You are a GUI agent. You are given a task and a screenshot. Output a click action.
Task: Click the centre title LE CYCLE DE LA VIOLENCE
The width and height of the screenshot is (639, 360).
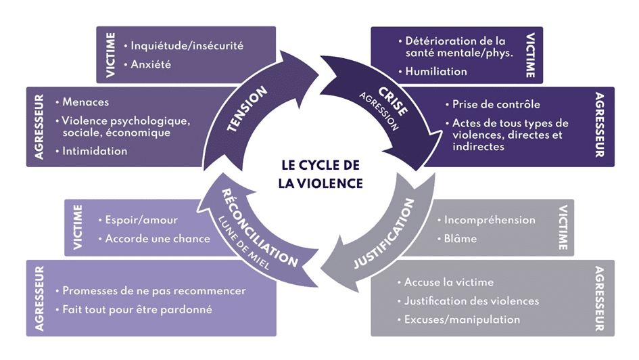321,174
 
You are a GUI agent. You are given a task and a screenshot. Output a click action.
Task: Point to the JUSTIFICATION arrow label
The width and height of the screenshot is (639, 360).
383,233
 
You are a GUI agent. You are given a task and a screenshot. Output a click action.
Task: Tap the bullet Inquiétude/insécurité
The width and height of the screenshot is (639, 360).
187,46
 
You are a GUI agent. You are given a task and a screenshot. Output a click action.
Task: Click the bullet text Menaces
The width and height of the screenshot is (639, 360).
85,102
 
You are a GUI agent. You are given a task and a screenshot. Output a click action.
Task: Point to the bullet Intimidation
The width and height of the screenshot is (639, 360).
95,151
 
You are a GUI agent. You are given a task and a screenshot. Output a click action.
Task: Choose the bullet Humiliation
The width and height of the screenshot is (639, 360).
435,71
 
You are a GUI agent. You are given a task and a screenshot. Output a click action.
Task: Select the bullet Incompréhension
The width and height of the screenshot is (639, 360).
490,220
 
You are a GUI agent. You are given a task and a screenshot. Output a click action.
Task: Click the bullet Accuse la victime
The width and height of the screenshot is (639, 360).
449,282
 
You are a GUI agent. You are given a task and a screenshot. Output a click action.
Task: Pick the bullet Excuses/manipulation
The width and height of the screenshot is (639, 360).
463,319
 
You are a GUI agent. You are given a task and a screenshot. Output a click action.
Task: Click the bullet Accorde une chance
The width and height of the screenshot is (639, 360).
158,239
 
